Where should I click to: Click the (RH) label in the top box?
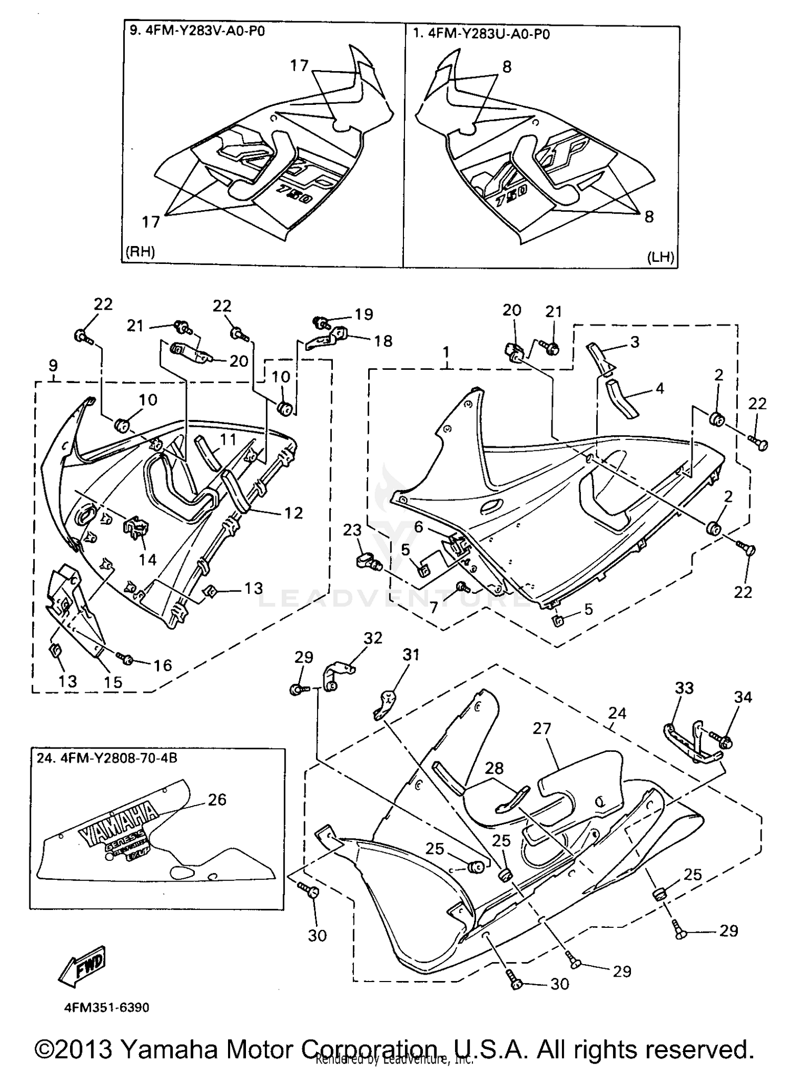click(140, 252)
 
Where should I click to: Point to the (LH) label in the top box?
click(659, 257)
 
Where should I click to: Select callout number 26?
click(216, 800)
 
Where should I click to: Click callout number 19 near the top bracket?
click(364, 315)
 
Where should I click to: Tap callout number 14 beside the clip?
click(147, 559)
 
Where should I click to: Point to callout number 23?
click(352, 529)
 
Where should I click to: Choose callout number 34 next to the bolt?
click(743, 697)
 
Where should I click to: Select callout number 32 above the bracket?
click(373, 638)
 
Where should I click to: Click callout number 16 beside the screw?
click(163, 665)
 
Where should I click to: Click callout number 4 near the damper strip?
click(659, 389)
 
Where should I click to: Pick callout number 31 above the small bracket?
click(411, 655)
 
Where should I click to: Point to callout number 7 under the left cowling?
click(433, 607)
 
